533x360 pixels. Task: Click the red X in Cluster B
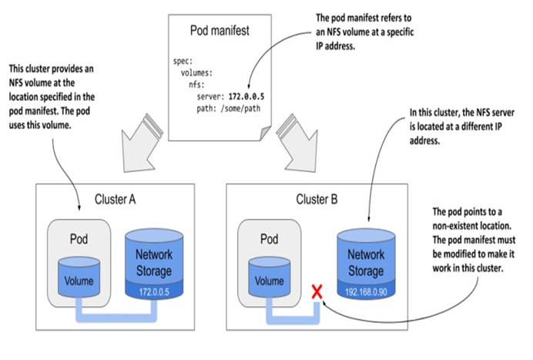317,292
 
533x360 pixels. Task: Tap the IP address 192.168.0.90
366,292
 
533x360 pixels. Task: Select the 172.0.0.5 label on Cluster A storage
154,292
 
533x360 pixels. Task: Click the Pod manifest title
220,31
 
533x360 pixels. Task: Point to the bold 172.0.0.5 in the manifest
246,96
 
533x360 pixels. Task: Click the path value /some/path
240,109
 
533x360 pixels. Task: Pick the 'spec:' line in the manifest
183,61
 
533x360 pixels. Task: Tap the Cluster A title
116,200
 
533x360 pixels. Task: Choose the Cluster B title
317,200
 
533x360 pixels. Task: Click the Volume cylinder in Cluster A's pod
79,277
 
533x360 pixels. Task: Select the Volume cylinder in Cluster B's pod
270,277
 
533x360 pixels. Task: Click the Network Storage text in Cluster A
154,263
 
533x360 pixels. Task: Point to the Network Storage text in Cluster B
366,263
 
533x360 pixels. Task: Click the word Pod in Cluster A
79,239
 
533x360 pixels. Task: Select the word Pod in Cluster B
270,239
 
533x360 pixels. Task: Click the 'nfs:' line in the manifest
197,85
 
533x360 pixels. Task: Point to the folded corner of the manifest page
266,133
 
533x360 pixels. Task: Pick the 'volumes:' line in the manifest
197,72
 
